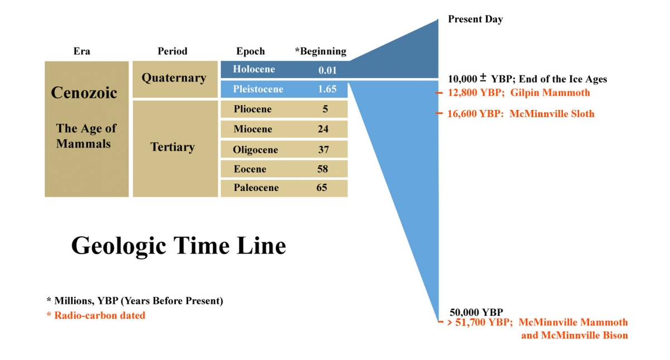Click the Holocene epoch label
[x=254, y=69]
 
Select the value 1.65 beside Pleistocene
[x=327, y=89]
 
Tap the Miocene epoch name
[x=253, y=129]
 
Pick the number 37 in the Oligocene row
[x=323, y=149]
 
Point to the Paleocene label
[x=256, y=188]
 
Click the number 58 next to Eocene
[x=323, y=169]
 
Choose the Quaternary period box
[x=175, y=79]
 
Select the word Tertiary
[x=173, y=147]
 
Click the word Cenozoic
[x=84, y=93]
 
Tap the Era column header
[x=82, y=51]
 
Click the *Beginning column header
[x=320, y=51]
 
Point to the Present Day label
[x=475, y=19]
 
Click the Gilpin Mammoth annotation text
[x=550, y=93]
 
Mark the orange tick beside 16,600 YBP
[x=439, y=113]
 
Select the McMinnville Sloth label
[x=552, y=114]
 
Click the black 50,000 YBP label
[x=476, y=312]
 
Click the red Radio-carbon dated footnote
[x=96, y=315]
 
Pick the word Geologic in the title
[x=118, y=246]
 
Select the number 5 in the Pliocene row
[x=325, y=109]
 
